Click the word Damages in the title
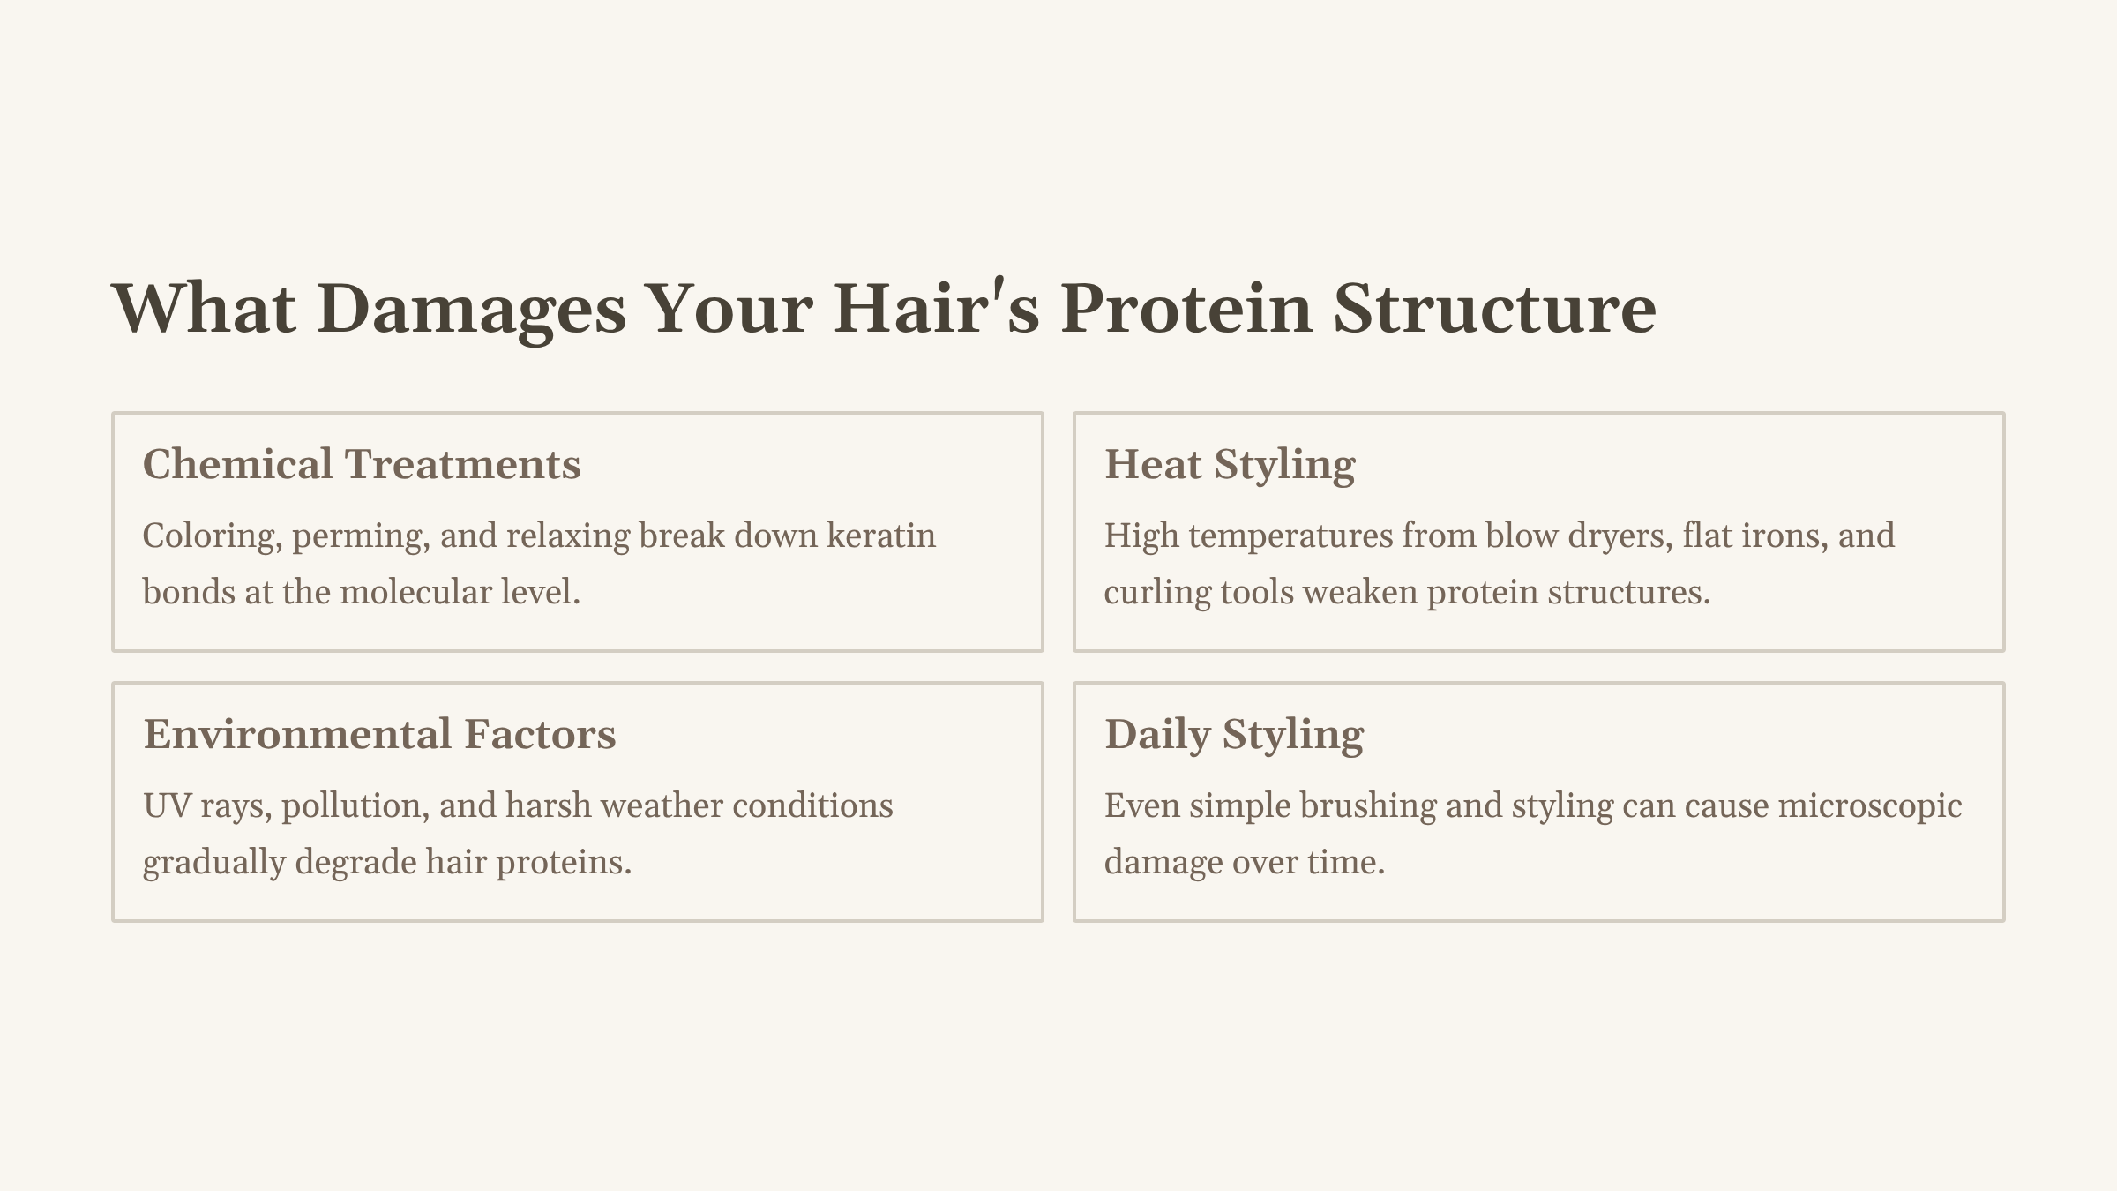pyautogui.click(x=471, y=309)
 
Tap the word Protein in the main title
pyautogui.click(x=1186, y=309)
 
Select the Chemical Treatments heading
pyautogui.click(x=362, y=464)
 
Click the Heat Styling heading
pyautogui.click(x=1230, y=464)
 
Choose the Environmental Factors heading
pyautogui.click(x=379, y=734)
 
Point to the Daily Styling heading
pyautogui.click(x=1234, y=734)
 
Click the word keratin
pyautogui.click(x=880, y=536)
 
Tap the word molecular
pyautogui.click(x=415, y=592)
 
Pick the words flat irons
pyautogui.click(x=1755, y=536)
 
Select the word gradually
pyautogui.click(x=214, y=863)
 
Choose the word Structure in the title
pyautogui.click(x=1493, y=309)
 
